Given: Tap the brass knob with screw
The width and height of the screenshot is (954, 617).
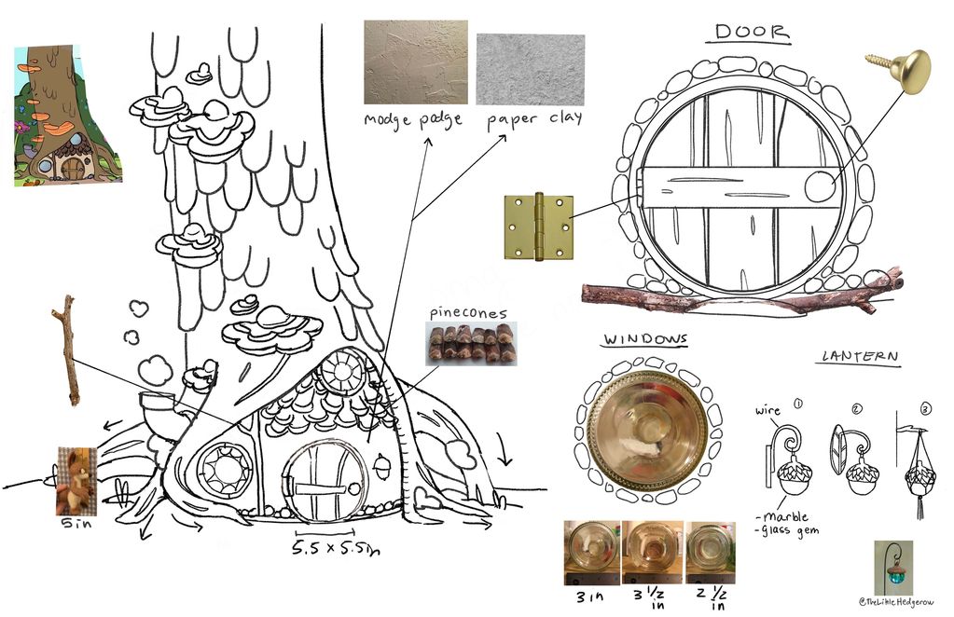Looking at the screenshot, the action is click(902, 69).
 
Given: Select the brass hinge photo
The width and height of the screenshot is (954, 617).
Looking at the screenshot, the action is click(539, 226).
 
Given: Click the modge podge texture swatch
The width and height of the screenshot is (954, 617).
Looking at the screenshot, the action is click(416, 62).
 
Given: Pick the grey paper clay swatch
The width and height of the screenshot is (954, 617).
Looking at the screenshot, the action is click(531, 69).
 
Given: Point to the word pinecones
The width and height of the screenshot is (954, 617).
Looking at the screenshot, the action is click(468, 313).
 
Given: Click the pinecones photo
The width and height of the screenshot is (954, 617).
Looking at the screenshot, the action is click(472, 344).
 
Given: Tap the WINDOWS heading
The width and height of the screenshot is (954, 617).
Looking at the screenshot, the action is click(645, 339).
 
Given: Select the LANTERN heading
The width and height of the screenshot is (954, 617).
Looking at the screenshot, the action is click(860, 356).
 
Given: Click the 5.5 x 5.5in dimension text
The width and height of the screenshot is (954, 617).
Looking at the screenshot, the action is click(335, 548).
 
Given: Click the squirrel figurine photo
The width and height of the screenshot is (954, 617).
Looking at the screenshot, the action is click(76, 482).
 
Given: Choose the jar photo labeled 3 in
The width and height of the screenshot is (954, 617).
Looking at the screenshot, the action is click(592, 552).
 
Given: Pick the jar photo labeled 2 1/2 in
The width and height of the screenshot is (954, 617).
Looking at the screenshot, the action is click(710, 552).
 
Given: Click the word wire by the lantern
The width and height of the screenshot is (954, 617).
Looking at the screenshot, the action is click(767, 411).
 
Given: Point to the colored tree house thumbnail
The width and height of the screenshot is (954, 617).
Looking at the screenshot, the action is click(67, 115).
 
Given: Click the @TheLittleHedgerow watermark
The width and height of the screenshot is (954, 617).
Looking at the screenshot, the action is click(896, 602).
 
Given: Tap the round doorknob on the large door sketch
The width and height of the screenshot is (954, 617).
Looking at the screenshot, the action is click(820, 186).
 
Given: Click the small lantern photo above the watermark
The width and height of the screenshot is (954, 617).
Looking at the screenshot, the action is click(893, 568).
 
